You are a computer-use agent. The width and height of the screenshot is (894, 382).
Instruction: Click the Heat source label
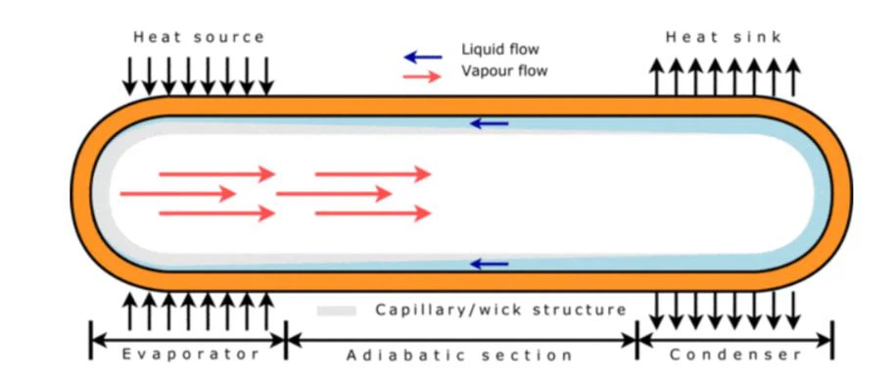pyautogui.click(x=199, y=37)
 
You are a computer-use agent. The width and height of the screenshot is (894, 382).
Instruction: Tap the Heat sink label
pyautogui.click(x=724, y=37)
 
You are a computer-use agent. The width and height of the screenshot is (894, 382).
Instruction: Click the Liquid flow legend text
pyautogui.click(x=499, y=50)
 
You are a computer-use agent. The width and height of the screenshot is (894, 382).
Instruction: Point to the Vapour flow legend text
pyautogui.click(x=503, y=71)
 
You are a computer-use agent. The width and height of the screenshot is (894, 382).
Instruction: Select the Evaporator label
pyautogui.click(x=191, y=354)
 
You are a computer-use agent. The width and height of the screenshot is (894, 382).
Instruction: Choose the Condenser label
pyautogui.click(x=736, y=354)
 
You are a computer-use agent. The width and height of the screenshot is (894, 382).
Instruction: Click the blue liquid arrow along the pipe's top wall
pyautogui.click(x=490, y=123)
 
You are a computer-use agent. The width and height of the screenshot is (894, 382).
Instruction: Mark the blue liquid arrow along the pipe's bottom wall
pyautogui.click(x=490, y=263)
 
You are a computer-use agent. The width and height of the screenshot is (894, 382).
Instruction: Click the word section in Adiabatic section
pyautogui.click(x=527, y=355)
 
